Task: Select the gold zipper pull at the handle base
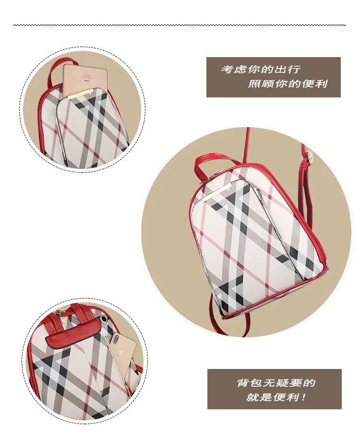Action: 59,313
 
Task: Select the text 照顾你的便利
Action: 288,84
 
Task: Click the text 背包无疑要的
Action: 276,383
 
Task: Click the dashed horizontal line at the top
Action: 180,25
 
